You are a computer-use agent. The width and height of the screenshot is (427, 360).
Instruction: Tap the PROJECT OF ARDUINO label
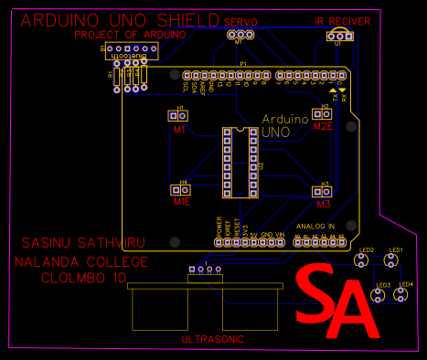coord(131,35)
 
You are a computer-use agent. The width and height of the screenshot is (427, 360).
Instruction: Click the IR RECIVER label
coord(343,20)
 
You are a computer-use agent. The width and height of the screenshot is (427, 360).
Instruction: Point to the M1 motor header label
coord(180,130)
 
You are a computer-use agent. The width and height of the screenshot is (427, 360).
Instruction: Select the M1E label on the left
coord(182,201)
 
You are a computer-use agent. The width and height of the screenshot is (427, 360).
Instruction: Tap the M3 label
coord(324,205)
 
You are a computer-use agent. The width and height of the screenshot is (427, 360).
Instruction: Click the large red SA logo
coord(337,301)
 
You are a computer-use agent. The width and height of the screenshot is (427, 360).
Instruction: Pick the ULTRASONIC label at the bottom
coord(213,339)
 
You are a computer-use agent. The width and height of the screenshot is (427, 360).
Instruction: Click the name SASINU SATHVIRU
coord(77,245)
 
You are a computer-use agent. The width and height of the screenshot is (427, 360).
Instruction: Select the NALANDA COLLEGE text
coord(80,261)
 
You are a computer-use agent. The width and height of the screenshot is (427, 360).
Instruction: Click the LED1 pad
coord(392,261)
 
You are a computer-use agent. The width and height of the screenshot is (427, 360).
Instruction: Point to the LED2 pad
coord(363,261)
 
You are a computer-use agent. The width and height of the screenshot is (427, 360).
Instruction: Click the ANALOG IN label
coord(315,225)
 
